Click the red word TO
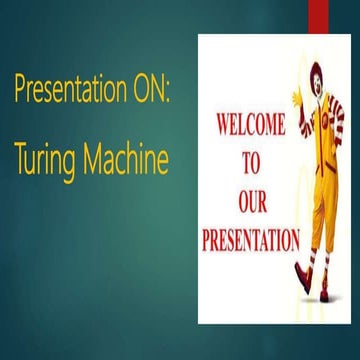[252, 158]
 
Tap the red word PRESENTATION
[251, 240]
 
